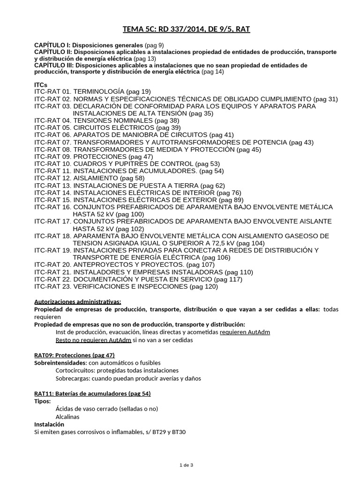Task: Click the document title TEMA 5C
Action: (x=186, y=30)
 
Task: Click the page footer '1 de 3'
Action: (x=186, y=465)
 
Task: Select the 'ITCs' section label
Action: (x=41, y=84)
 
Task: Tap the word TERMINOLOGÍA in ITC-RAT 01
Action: (x=99, y=91)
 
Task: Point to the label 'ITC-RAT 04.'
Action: (x=52, y=120)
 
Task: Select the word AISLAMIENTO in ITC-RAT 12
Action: (x=96, y=178)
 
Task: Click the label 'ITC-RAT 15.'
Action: (x=52, y=200)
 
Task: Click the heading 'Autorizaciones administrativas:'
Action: (x=78, y=301)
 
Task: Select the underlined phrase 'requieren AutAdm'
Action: (x=245, y=332)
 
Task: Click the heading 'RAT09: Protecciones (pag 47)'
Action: (x=75, y=355)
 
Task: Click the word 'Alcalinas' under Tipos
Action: (x=67, y=416)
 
